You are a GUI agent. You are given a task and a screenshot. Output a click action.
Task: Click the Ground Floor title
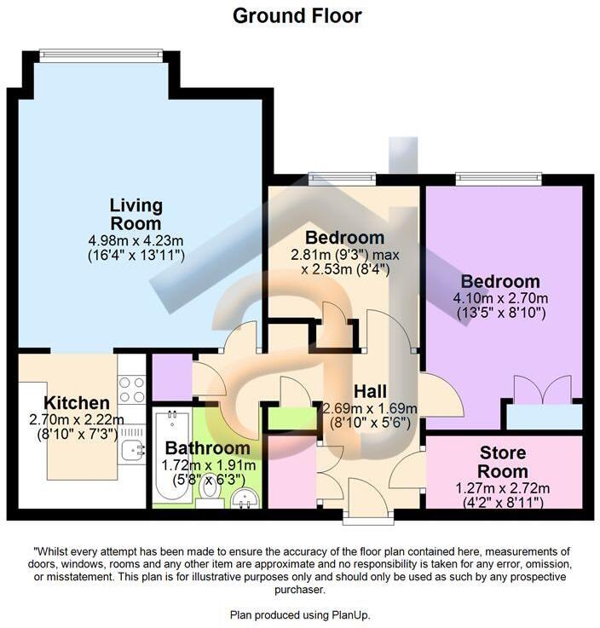(x=297, y=15)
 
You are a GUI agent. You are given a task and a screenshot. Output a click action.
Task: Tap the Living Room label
(x=136, y=214)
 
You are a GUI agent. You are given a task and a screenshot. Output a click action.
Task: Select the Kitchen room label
(x=77, y=402)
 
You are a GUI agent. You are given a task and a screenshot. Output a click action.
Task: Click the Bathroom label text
(x=208, y=448)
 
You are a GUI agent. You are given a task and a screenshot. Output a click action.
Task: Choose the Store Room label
(x=503, y=462)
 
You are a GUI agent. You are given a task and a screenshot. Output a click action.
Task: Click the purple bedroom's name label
(x=500, y=281)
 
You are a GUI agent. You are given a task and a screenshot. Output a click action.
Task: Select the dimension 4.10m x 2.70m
(x=500, y=298)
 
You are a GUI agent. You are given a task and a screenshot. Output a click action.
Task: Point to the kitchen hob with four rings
(x=132, y=390)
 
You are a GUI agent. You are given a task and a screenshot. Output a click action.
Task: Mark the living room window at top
(x=101, y=55)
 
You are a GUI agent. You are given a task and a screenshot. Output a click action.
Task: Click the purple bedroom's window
(x=499, y=178)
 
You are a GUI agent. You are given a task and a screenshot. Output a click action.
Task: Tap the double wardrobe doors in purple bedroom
(x=540, y=392)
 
